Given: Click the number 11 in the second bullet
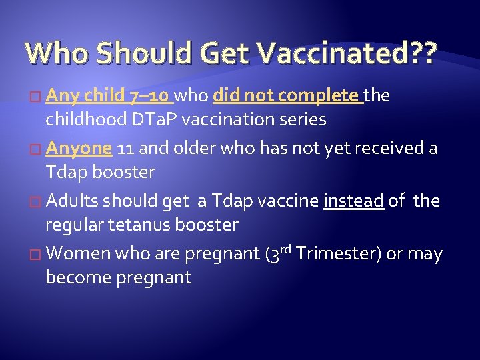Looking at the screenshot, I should [x=126, y=148].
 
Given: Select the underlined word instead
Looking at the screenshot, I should [x=353, y=201].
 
